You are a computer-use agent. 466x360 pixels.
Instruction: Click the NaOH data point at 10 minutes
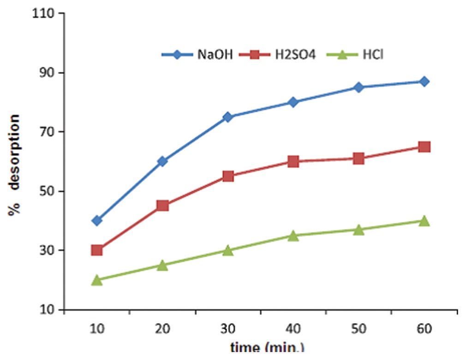pos(97,220)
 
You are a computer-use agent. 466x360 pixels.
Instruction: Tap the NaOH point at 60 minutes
pos(424,82)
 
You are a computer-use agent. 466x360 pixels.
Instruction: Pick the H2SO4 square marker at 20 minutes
pos(162,206)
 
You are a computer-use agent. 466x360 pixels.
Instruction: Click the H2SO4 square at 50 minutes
pos(358,159)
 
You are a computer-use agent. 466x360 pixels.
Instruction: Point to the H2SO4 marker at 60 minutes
pos(424,147)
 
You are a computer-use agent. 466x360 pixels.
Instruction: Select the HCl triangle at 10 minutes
pos(97,280)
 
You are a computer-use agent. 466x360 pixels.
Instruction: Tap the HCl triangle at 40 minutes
pos(293,236)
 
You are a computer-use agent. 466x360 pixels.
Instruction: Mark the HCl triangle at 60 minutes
pos(424,221)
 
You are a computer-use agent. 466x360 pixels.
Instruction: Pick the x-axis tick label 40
pos(293,329)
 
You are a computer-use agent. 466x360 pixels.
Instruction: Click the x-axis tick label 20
pos(162,329)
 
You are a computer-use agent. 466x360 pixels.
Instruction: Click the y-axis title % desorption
pos(15,165)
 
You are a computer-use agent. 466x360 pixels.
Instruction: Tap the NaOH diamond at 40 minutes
pos(293,102)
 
